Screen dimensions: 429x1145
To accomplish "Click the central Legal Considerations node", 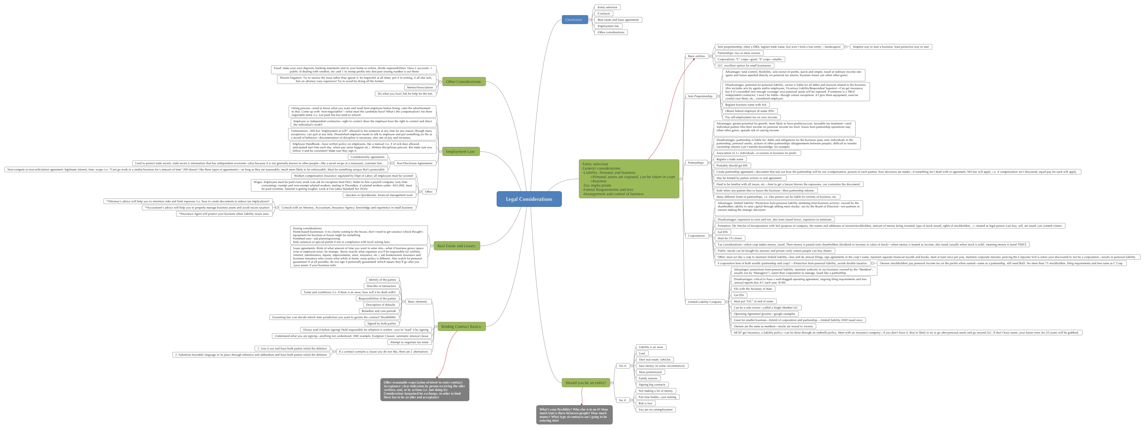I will pyautogui.click(x=529, y=199).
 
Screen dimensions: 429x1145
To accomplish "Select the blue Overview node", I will pyautogui.click(x=574, y=20).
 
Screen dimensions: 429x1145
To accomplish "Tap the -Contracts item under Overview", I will pyautogui.click(x=604, y=14).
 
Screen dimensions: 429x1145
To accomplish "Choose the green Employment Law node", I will pyautogui.click(x=461, y=151).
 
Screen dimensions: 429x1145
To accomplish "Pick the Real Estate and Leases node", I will pyautogui.click(x=457, y=245).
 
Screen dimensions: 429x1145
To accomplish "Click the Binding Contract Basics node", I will pyautogui.click(x=461, y=326).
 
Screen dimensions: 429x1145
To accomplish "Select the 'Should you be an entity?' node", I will pyautogui.click(x=585, y=383).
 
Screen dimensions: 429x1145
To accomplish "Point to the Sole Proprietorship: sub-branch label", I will pyautogui.click(x=700, y=96).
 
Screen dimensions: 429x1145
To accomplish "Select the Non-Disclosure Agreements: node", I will pyautogui.click(x=414, y=163).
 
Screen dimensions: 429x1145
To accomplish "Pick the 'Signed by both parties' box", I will pyautogui.click(x=381, y=323).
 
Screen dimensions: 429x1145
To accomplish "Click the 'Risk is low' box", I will pyautogui.click(x=645, y=403).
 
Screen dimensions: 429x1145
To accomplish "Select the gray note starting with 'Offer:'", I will pyautogui.click(x=424, y=390).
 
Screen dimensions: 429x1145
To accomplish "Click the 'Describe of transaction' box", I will pyautogui.click(x=381, y=286).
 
